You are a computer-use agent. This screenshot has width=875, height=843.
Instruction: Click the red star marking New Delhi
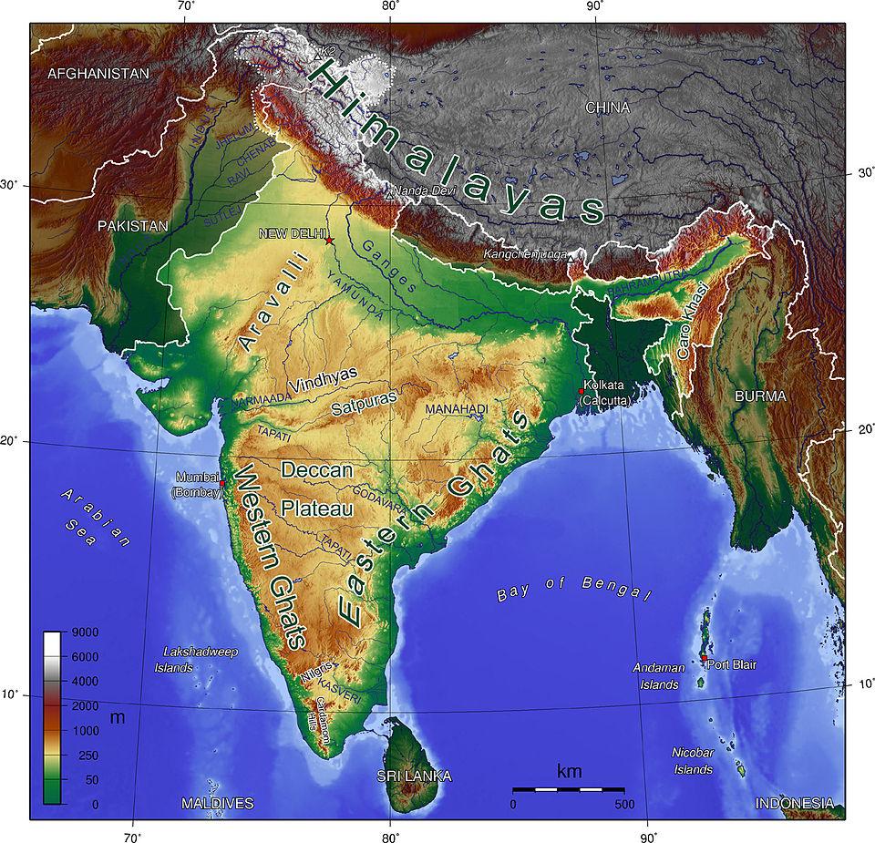click(329, 241)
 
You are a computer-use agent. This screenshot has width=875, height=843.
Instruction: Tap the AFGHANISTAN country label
click(98, 73)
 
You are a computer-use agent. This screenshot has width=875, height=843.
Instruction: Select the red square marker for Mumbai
click(222, 483)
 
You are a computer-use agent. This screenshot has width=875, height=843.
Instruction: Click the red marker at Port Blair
click(704, 658)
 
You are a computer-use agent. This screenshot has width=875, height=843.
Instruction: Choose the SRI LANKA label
click(414, 776)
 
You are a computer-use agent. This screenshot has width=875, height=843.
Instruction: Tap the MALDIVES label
click(217, 803)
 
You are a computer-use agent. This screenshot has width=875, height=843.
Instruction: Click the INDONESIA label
click(793, 803)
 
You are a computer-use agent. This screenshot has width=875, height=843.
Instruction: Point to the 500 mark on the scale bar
click(624, 805)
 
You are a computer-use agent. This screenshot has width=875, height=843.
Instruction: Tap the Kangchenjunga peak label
click(525, 254)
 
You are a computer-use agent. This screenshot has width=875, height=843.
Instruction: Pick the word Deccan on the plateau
click(316, 471)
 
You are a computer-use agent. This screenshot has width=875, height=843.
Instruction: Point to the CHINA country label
click(607, 108)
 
